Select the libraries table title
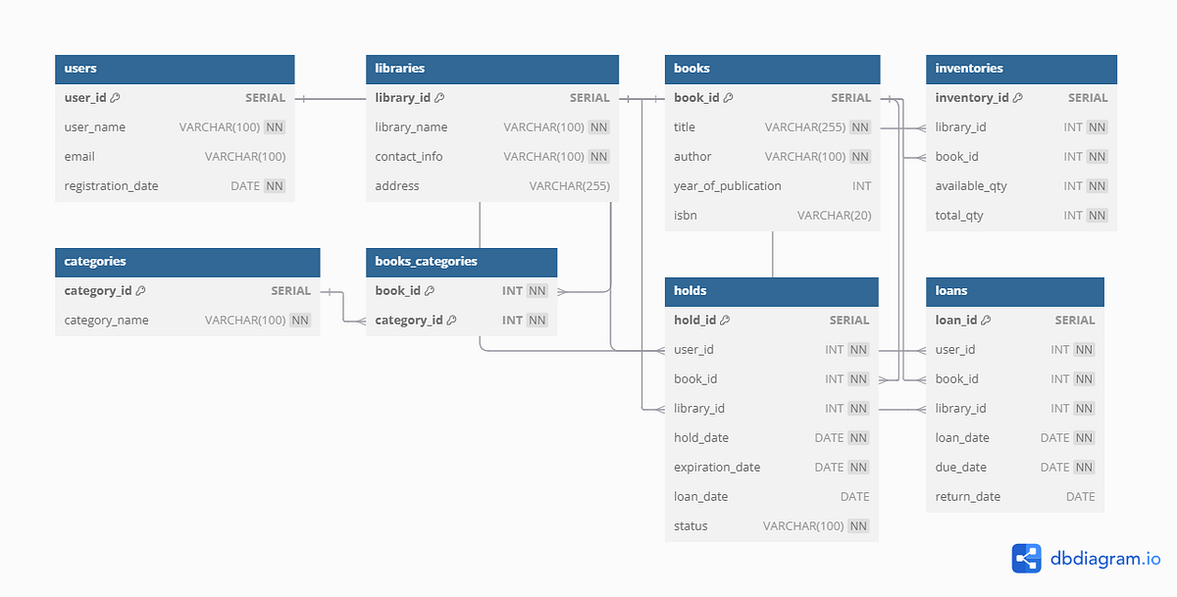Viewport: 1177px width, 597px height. click(x=400, y=69)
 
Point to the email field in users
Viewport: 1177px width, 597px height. click(x=79, y=157)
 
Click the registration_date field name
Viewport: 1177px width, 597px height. click(x=111, y=186)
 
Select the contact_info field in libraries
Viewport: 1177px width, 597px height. click(x=408, y=157)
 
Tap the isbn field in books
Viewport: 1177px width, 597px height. click(x=686, y=216)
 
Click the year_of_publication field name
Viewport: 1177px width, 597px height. click(x=728, y=186)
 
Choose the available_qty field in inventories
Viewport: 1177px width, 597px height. click(x=971, y=186)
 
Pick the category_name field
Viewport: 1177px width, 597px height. click(x=106, y=321)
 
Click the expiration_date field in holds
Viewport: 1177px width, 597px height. click(x=717, y=468)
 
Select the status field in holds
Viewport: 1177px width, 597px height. click(x=691, y=526)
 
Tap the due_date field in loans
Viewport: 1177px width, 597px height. click(x=961, y=468)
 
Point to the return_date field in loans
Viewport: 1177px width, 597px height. click(x=968, y=497)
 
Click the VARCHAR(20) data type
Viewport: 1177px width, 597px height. click(x=834, y=216)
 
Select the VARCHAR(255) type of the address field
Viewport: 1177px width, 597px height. click(x=569, y=186)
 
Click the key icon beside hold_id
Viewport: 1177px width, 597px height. click(x=725, y=321)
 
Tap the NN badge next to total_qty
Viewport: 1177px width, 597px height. click(x=1097, y=216)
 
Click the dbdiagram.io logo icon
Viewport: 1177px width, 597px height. click(x=1026, y=558)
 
